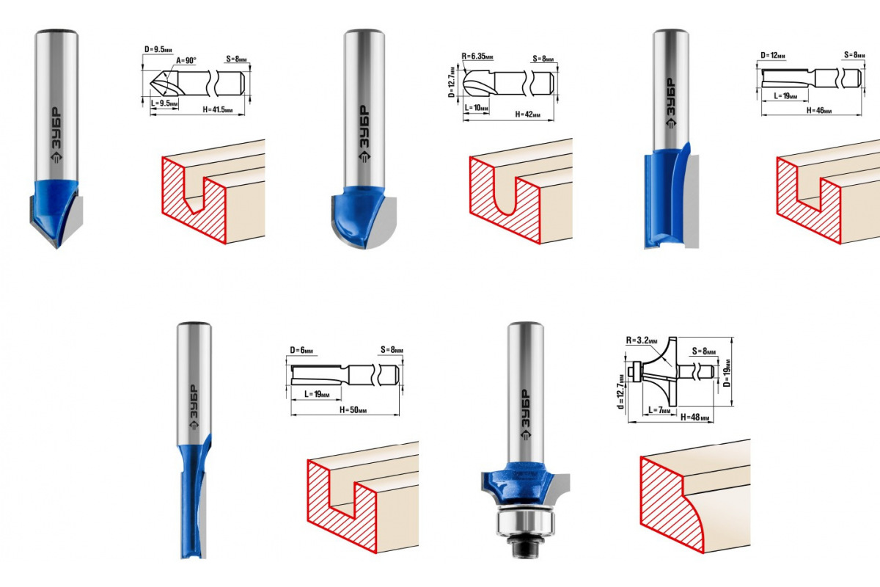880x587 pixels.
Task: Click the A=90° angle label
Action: [x=186, y=61]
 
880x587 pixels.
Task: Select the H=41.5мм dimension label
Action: [x=218, y=109]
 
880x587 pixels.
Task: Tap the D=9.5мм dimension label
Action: [x=158, y=49]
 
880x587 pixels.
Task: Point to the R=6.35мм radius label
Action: [x=477, y=56]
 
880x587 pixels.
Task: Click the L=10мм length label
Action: [x=477, y=108]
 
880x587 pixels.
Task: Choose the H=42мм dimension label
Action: [x=527, y=114]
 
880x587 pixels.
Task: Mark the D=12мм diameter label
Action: [x=773, y=56]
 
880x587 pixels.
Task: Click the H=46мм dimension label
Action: [x=819, y=111]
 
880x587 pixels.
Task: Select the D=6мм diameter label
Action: [x=301, y=350]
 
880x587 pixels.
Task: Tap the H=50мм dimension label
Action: [x=353, y=409]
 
